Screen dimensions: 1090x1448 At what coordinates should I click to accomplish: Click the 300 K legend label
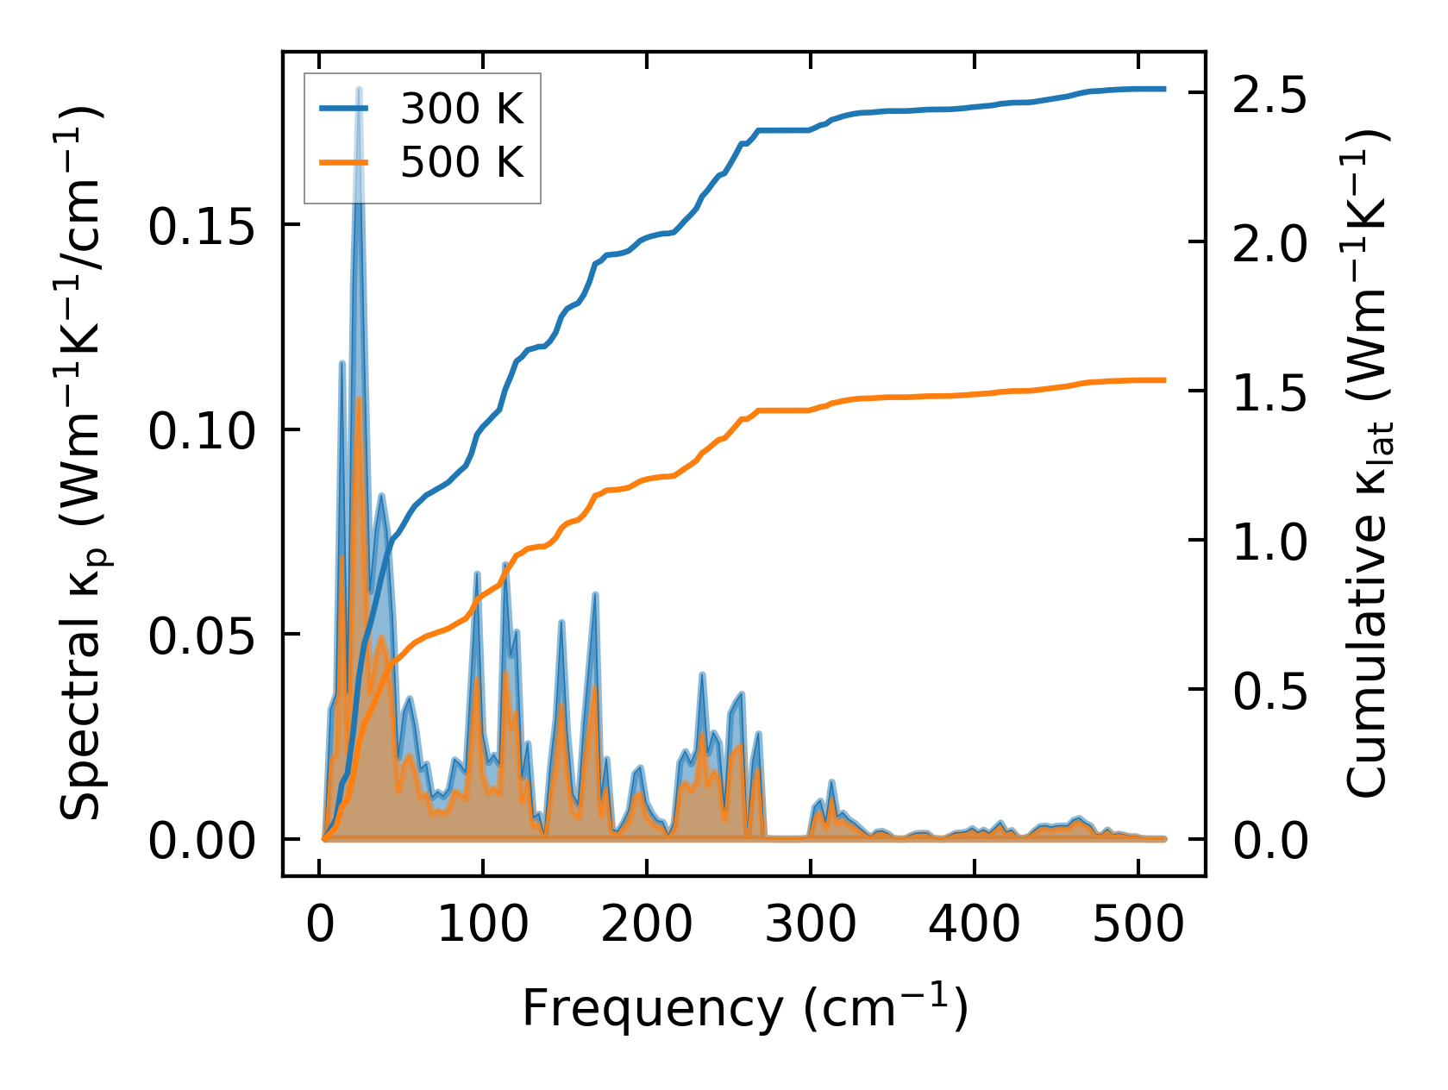click(x=461, y=109)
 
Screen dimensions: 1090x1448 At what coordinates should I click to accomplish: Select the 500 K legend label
click(x=461, y=162)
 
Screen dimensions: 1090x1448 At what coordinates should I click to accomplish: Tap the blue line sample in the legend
click(x=344, y=109)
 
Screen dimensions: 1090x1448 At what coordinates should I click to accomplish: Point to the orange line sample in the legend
click(x=344, y=162)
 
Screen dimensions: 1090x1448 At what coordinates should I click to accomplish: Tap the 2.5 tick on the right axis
click(x=1269, y=93)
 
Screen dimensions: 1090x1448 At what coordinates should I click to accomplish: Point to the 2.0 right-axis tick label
click(x=1269, y=242)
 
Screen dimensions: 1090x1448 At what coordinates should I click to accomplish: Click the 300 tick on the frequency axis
click(x=811, y=925)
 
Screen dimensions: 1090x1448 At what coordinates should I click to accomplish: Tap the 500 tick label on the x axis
click(x=1138, y=925)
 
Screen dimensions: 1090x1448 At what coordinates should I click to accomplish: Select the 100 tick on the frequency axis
click(x=483, y=925)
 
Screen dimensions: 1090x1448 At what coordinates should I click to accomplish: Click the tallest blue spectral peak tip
click(x=359, y=89)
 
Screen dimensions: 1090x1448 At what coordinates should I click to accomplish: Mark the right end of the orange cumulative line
click(x=1164, y=379)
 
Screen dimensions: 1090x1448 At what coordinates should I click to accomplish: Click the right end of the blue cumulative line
click(x=1164, y=89)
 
